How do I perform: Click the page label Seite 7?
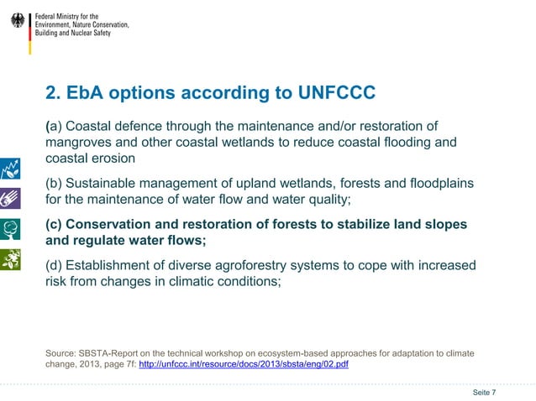click(484, 393)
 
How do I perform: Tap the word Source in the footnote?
click(62, 353)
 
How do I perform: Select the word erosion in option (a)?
click(113, 159)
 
